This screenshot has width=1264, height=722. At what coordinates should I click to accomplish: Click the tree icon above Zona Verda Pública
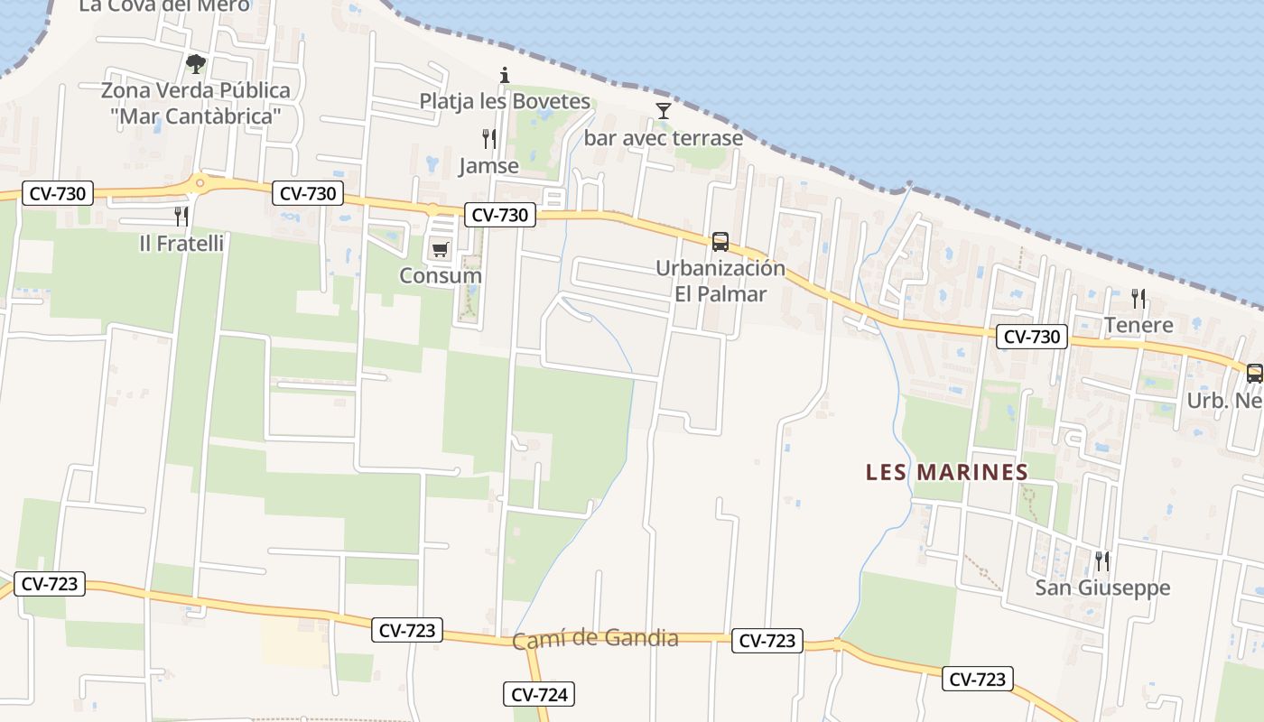195,63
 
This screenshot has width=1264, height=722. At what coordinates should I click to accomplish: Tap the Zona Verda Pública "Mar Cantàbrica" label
195,103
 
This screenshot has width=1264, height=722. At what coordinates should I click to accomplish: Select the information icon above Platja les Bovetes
505,75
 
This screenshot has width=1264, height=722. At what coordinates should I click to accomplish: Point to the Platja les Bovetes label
505,101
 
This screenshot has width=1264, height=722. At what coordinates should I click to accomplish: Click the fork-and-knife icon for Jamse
489,139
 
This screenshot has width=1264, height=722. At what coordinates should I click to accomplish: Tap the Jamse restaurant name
488,166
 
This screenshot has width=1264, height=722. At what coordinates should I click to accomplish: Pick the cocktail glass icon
664,111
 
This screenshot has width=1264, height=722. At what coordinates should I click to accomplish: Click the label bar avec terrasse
664,138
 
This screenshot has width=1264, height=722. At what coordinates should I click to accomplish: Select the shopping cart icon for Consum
440,249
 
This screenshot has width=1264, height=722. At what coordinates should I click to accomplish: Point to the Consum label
441,275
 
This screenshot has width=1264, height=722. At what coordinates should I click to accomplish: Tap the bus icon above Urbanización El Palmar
720,242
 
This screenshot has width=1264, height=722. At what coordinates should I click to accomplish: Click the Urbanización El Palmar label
720,281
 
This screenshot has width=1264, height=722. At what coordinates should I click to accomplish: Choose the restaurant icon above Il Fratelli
181,216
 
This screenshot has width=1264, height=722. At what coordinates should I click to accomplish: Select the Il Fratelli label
181,243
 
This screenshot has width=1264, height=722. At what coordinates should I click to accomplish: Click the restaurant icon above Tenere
1139,298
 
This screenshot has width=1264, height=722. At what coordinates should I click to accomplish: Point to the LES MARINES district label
947,472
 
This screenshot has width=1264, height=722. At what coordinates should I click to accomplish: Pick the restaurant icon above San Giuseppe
1101,561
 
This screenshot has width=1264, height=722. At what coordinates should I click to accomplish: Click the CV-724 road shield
539,694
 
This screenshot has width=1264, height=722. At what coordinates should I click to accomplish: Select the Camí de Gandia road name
595,639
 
